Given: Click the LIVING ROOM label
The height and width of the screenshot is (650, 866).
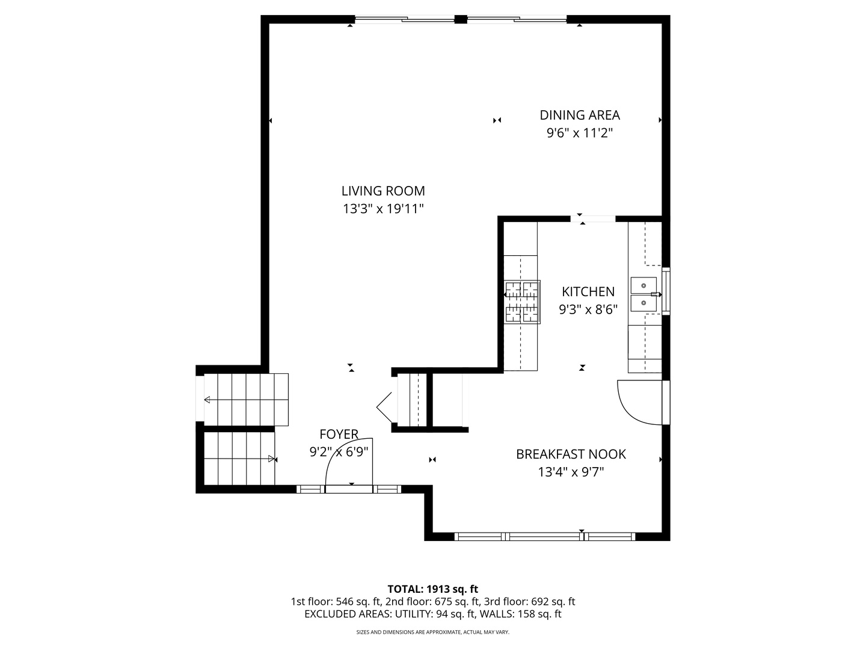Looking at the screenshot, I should [383, 191].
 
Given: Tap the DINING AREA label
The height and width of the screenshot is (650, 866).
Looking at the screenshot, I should [579, 115].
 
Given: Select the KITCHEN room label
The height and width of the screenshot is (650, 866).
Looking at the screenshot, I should [588, 292].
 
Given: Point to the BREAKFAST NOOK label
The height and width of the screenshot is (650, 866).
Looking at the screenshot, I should [571, 454].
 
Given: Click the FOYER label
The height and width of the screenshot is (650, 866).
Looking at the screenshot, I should [339, 434].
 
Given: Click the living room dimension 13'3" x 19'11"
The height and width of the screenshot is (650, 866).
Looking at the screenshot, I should [383, 209].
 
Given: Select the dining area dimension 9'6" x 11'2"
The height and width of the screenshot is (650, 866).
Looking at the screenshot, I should [579, 133].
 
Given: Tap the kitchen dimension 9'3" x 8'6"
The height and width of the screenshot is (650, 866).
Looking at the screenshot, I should [588, 310].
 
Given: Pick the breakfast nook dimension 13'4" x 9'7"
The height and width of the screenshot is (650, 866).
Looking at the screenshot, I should [571, 472].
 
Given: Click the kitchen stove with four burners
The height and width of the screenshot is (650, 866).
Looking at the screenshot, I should [522, 302].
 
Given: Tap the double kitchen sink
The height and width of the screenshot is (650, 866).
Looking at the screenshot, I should [643, 294].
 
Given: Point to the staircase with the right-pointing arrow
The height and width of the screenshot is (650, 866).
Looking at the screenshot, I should [239, 459].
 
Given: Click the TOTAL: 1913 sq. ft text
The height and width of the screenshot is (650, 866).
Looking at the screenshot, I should [432, 589].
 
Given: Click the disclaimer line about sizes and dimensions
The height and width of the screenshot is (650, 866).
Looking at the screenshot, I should [432, 632].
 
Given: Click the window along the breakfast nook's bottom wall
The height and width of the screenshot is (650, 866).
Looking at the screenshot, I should [544, 536].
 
